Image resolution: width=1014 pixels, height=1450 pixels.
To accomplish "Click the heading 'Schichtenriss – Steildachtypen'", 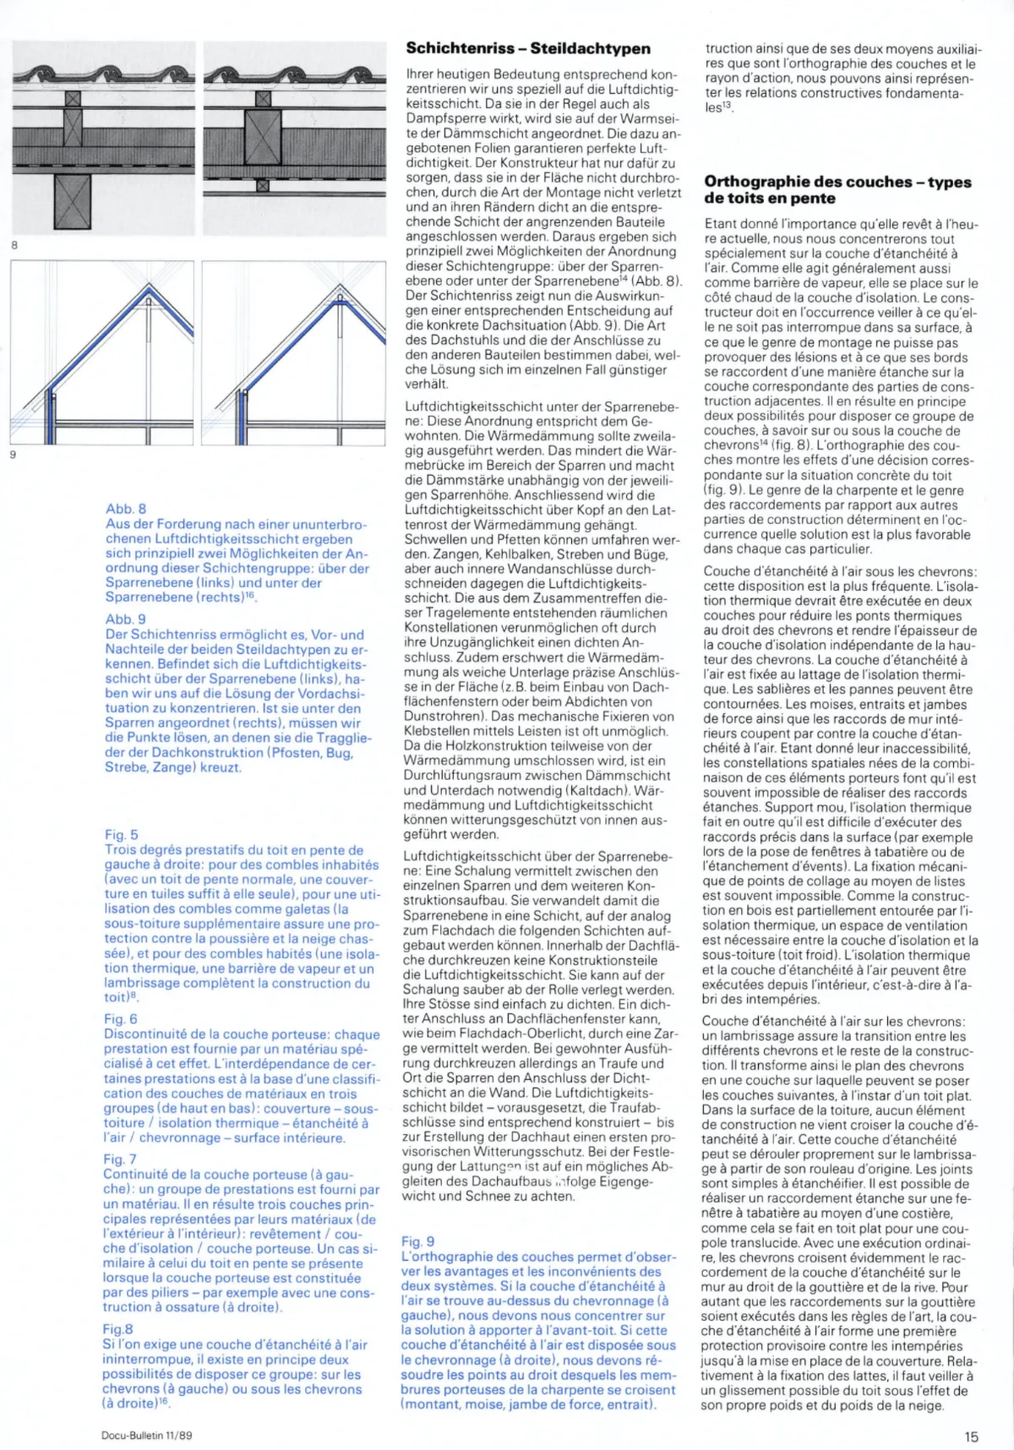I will (x=528, y=48).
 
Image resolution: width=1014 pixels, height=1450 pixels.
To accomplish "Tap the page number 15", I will (x=970, y=1436).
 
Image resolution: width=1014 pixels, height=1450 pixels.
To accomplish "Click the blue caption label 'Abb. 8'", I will (x=126, y=509).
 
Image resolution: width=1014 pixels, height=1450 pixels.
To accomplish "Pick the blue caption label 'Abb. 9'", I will (x=126, y=619).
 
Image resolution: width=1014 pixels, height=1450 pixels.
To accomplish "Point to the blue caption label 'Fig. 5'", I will (x=122, y=835).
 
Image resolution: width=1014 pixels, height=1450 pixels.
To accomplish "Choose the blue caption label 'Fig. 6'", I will (x=121, y=1019).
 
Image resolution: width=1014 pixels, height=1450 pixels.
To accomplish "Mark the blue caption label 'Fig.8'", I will (x=118, y=1329).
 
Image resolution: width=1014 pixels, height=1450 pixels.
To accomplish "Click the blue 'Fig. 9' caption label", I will (x=418, y=1241).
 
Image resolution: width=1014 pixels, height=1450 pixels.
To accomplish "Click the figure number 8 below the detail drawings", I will (x=14, y=245).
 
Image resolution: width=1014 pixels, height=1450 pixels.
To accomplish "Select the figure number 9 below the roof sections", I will (x=14, y=455).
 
